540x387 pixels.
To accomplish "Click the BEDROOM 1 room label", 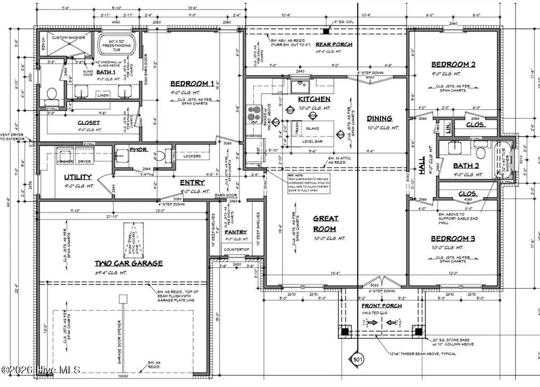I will pos(191,83).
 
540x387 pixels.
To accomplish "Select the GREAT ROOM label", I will pos(325,224).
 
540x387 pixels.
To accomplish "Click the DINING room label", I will pos(379,118).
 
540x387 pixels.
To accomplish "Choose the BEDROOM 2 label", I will pos(453,64).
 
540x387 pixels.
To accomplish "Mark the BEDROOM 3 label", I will pos(453,239).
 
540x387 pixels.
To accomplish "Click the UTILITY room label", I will pos(78,177).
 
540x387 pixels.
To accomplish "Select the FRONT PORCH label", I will pos(382,306).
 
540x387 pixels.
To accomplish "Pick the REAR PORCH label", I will pos(335,44).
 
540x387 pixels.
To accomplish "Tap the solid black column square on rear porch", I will pos(325,30).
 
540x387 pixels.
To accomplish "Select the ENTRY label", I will pos(192,182).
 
